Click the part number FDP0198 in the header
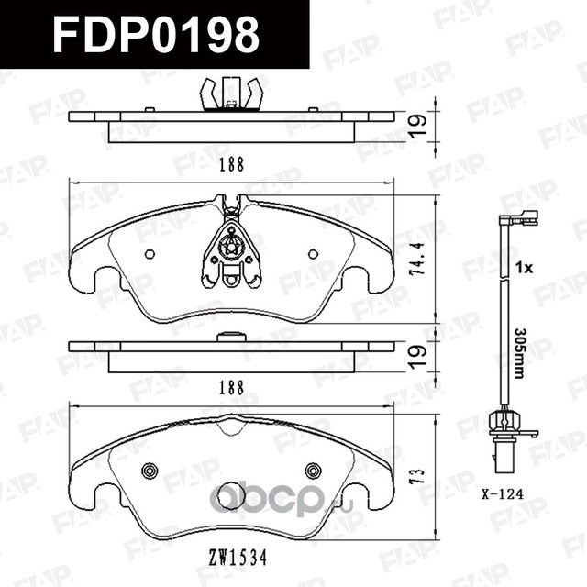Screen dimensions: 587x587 [x=156, y=35]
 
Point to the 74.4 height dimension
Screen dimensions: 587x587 [x=420, y=260]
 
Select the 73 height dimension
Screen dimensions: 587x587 [x=420, y=476]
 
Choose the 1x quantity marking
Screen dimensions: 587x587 [x=524, y=269]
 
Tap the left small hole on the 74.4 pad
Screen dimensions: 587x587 [x=151, y=252]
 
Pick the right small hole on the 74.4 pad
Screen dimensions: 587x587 [x=312, y=252]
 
